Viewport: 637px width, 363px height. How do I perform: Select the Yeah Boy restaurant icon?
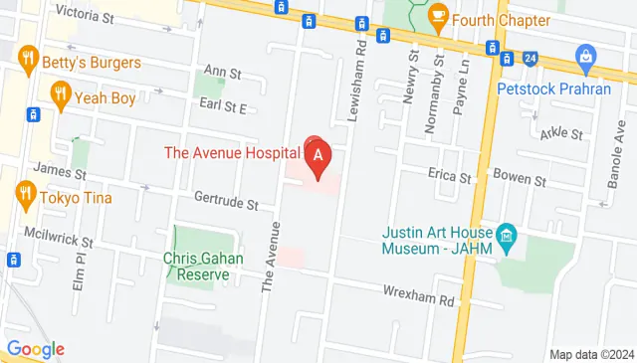(61, 95)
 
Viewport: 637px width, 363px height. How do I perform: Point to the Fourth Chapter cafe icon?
(436, 17)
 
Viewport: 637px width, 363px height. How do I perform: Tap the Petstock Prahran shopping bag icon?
(586, 57)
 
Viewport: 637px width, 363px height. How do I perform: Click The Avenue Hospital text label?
(232, 152)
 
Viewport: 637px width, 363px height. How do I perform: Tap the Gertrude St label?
(226, 205)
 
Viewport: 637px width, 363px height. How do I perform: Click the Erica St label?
(449, 177)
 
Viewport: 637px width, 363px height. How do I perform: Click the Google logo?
(35, 349)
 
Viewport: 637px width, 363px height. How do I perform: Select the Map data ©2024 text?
(590, 355)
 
